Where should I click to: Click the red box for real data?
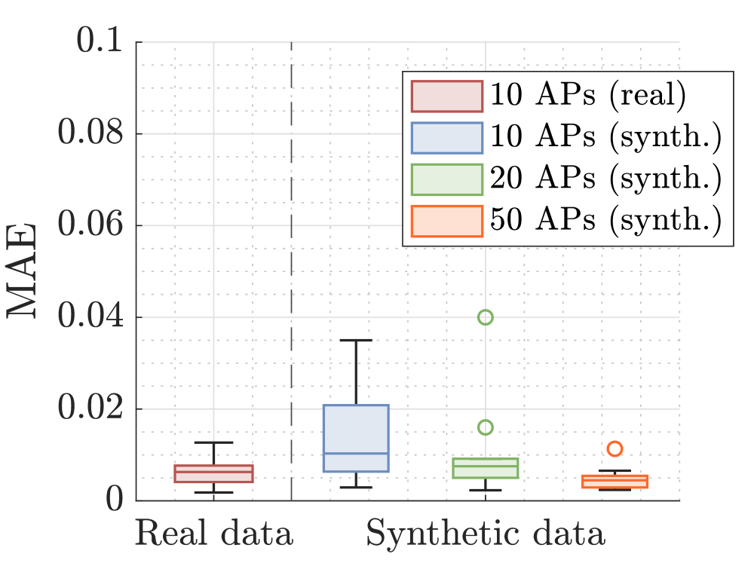point(213,473)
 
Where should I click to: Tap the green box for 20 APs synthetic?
point(486,468)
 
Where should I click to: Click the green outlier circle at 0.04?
point(486,317)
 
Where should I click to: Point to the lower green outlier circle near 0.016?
point(486,427)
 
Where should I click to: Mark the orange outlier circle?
point(615,449)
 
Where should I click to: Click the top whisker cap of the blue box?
point(356,340)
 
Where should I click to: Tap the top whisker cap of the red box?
point(213,442)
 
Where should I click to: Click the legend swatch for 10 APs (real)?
point(446,96)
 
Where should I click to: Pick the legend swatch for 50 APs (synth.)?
point(446,220)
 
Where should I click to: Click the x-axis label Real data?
point(213,534)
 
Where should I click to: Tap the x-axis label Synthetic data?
point(486,534)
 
